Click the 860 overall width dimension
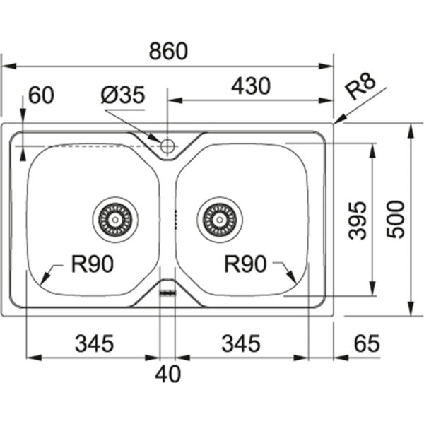[x=168, y=51]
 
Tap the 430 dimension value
[x=251, y=86]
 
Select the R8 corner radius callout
[x=361, y=86]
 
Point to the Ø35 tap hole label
[x=123, y=95]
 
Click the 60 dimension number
[x=41, y=95]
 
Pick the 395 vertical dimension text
[x=358, y=220]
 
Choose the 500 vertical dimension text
[x=395, y=219]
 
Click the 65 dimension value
[x=367, y=343]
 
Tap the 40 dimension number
[x=168, y=374]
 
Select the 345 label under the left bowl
[x=95, y=343]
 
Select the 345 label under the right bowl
[x=241, y=343]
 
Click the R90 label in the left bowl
[x=92, y=264]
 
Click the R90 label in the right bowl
[x=245, y=264]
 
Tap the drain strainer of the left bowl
[x=115, y=219]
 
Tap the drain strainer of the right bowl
[x=220, y=219]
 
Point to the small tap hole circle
[x=167, y=146]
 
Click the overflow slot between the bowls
[x=167, y=293]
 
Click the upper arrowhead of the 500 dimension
[x=411, y=131]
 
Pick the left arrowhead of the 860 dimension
[x=9, y=66]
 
